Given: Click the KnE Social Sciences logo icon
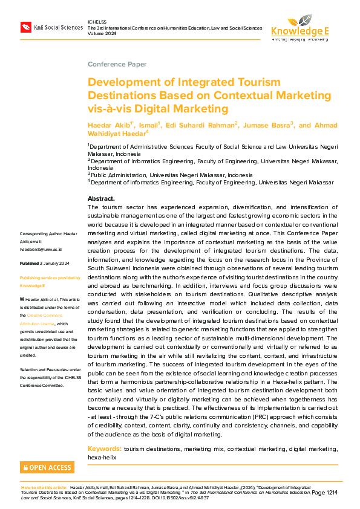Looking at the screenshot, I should coord(26,27).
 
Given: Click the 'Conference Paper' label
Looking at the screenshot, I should coord(117,63).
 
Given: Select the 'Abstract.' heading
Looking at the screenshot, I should coord(101,198).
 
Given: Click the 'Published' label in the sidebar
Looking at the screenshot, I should coord(30,264).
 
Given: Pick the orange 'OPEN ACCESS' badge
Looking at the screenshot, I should coord(47,467).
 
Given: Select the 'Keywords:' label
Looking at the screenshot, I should coord(105,449).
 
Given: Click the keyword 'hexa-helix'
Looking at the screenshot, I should coord(102,458).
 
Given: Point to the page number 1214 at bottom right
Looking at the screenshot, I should coord(331,493).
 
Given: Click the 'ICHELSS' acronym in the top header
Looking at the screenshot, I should coord(97,22).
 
